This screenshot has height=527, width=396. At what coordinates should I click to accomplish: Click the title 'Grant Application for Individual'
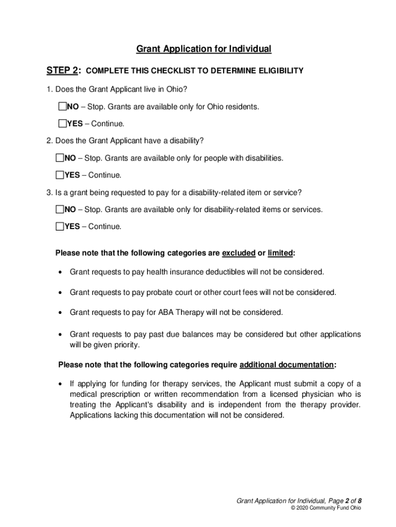(x=203, y=49)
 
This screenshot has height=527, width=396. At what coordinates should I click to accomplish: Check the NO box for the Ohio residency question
(x=62, y=107)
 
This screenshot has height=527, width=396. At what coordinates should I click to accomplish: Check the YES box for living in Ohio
(x=62, y=124)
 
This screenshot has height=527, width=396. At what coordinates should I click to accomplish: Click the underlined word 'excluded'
(x=239, y=253)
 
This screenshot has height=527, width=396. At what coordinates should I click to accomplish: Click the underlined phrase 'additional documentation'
(x=287, y=365)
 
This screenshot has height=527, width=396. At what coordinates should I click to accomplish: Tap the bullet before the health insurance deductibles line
(x=61, y=272)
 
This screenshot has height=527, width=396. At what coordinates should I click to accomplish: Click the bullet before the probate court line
(x=61, y=293)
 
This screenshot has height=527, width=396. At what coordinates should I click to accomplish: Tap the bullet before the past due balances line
(x=61, y=335)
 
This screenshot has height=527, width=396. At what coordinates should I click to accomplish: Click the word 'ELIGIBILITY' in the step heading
(x=277, y=71)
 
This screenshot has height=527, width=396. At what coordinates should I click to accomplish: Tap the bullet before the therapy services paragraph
(x=61, y=384)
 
